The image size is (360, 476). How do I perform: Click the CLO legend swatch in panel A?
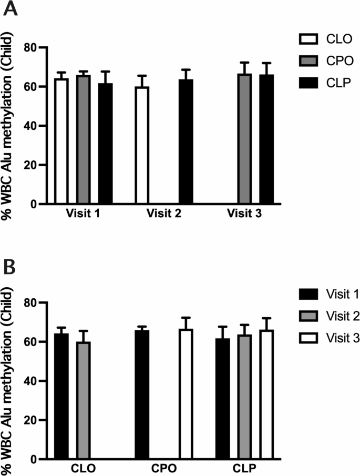[306, 38]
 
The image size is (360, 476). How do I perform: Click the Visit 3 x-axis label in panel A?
[246, 215]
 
